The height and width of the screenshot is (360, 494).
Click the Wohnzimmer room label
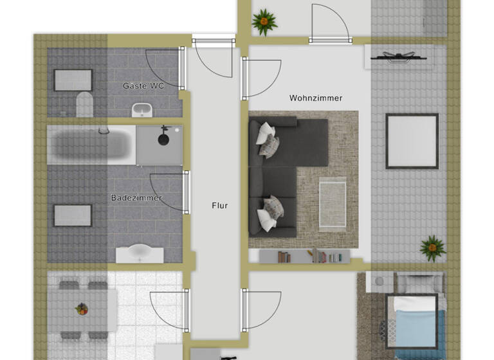[x=315, y=98]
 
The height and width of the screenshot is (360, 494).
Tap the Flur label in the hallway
[x=220, y=206]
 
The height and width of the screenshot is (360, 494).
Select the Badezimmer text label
[x=136, y=197]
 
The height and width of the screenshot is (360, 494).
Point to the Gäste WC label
[x=143, y=85]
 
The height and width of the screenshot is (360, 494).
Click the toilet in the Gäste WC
[x=84, y=104]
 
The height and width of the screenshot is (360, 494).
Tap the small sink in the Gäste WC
[x=142, y=111]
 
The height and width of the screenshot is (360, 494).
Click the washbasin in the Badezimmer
[x=139, y=253]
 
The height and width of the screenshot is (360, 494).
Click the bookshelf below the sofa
[x=304, y=256]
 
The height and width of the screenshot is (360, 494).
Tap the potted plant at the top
[x=264, y=22]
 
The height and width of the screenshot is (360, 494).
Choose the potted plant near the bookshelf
[x=432, y=248]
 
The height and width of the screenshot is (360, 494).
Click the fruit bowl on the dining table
[x=81, y=309]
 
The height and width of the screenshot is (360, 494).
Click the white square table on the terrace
[x=412, y=141]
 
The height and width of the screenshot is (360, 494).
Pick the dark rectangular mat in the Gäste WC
[x=73, y=80]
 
